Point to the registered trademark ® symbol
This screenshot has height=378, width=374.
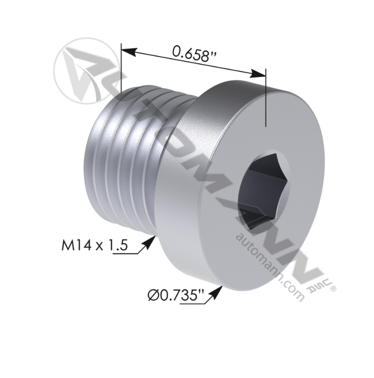(x=333, y=288)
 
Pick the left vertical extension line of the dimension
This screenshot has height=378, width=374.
(x=121, y=68)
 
